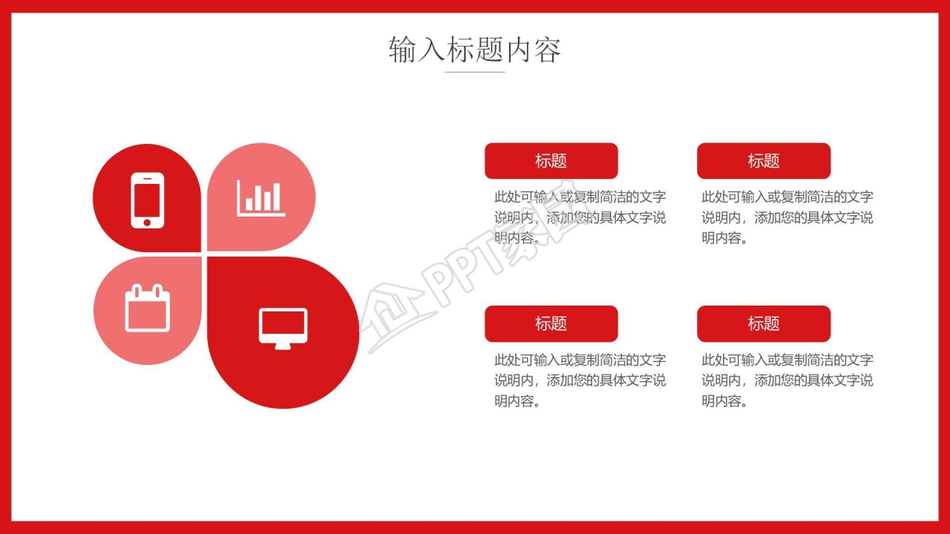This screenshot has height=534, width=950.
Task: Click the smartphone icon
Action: click(147, 200)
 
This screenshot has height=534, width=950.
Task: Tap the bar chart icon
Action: click(261, 198)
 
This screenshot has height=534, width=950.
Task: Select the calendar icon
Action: click(148, 308)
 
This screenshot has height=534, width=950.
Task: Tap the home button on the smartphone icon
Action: click(147, 222)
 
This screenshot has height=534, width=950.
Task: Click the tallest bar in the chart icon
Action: click(276, 197)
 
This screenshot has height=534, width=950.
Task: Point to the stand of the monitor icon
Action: click(283, 346)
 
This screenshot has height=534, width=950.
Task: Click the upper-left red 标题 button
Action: click(551, 161)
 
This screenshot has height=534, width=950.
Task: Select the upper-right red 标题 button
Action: click(764, 161)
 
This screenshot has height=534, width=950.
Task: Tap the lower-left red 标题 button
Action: click(551, 324)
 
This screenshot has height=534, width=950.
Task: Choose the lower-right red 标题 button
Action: click(764, 324)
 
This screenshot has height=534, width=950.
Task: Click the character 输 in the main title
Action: click(402, 50)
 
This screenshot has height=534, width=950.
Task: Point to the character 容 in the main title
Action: click(547, 50)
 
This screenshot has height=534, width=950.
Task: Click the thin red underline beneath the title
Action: click(474, 72)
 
